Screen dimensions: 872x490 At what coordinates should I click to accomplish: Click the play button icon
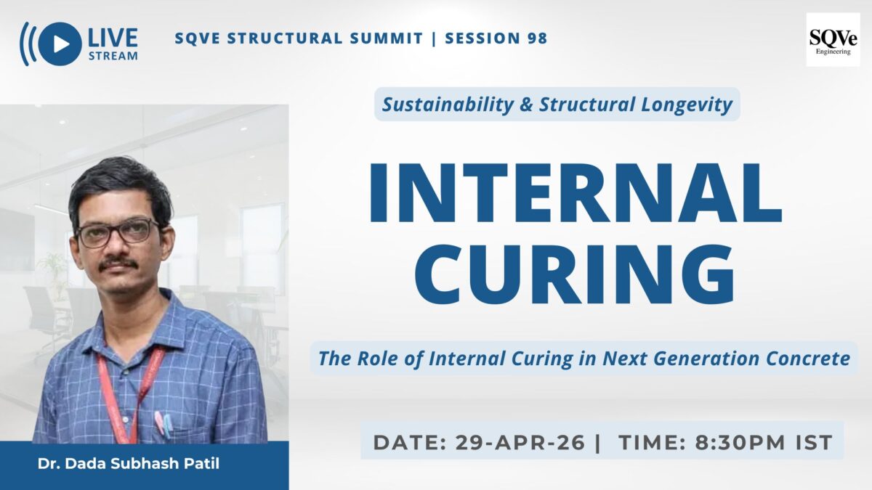point(60,44)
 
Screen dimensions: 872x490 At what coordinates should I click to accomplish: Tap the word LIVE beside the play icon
point(113,38)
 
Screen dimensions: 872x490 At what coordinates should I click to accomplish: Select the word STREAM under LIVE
point(113,56)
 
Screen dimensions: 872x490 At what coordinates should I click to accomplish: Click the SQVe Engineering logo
point(833,40)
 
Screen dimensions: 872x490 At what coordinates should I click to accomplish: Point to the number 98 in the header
point(538,38)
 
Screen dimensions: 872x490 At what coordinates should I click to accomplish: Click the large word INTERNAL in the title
point(575,192)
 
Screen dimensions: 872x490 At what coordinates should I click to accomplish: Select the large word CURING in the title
point(575,274)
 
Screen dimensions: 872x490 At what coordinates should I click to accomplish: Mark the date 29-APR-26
point(520,442)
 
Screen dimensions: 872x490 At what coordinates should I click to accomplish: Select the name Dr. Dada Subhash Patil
point(129,464)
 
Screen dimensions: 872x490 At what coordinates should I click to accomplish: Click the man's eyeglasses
point(117,233)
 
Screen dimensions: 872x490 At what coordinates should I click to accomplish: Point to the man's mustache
point(118,264)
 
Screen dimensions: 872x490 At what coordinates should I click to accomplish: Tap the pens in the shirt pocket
point(163,423)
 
